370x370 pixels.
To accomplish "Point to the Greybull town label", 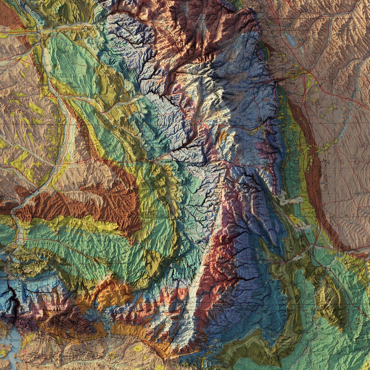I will click(33, 37).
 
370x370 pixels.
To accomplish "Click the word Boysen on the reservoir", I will click(12, 341).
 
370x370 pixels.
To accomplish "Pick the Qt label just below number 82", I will click(294, 220).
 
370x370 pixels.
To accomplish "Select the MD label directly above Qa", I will click(280, 197).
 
